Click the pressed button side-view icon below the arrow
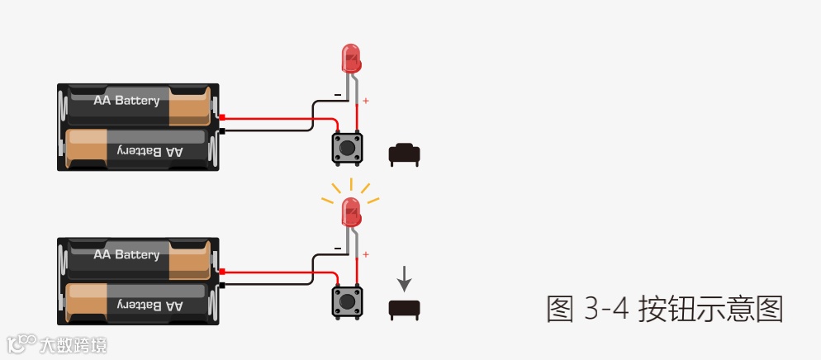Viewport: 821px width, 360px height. pyautogui.click(x=404, y=309)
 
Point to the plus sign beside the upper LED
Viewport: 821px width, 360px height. pyautogui.click(x=366, y=102)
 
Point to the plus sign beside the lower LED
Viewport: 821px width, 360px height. pyautogui.click(x=366, y=255)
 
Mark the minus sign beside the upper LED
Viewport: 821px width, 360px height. pyautogui.click(x=337, y=95)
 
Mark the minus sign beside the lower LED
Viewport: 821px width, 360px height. pyautogui.click(x=337, y=249)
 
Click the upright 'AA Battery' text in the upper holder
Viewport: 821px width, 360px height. pyautogui.click(x=126, y=101)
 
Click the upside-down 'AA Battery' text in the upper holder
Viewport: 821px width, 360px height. pyautogui.click(x=149, y=151)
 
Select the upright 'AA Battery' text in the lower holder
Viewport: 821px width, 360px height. pyautogui.click(x=126, y=254)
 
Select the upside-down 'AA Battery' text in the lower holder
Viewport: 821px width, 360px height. pyautogui.click(x=149, y=306)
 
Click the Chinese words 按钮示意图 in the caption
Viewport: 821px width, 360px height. pyautogui.click(x=710, y=309)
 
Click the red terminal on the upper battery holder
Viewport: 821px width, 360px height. pyautogui.click(x=221, y=117)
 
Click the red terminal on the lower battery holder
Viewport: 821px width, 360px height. pyautogui.click(x=221, y=272)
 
